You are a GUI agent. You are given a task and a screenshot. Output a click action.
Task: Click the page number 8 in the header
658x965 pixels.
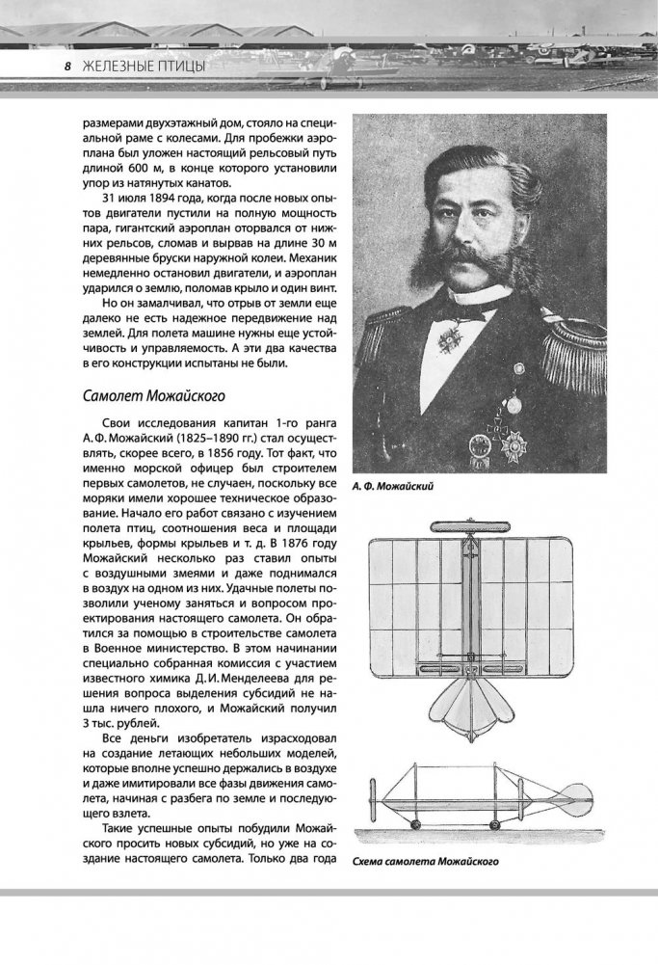(x=68, y=66)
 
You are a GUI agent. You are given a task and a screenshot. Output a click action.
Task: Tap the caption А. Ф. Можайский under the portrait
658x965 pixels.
(x=396, y=488)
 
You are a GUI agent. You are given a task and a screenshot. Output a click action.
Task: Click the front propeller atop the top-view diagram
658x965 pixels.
(x=469, y=527)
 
